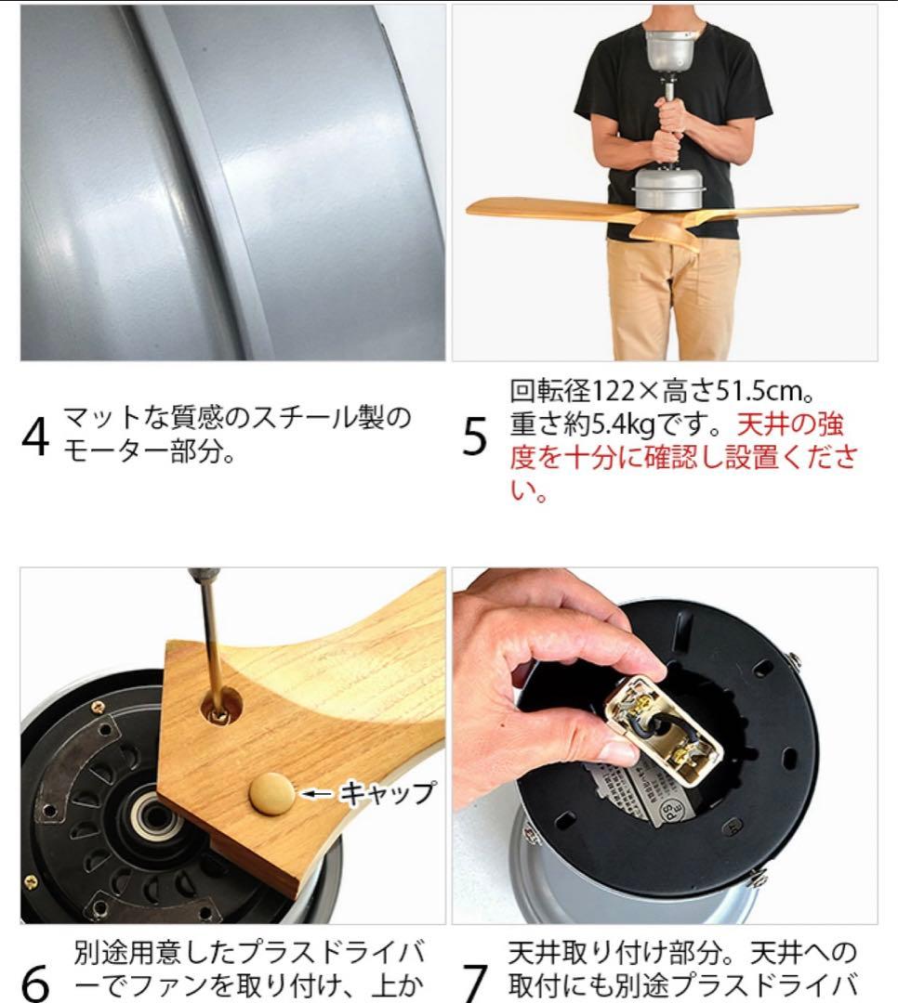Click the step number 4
tap(35, 436)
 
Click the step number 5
tap(475, 436)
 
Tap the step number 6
tap(35, 982)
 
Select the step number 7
tap(475, 982)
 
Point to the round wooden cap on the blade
tap(271, 794)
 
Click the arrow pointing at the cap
tap(319, 793)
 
